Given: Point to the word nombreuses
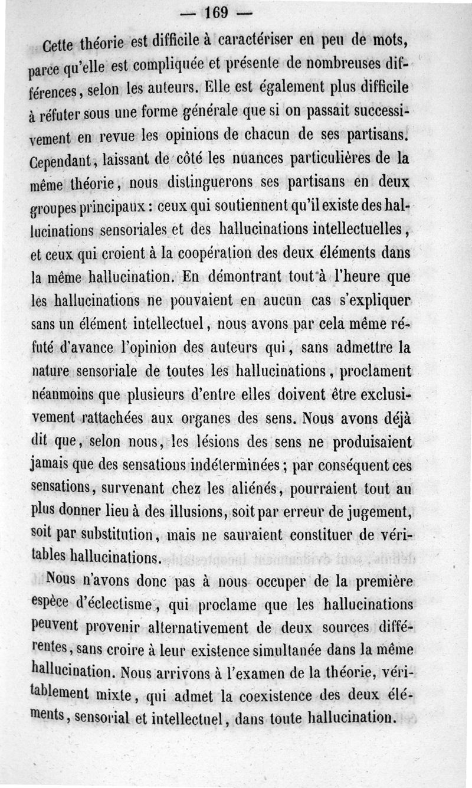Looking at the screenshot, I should [x=333, y=64].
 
